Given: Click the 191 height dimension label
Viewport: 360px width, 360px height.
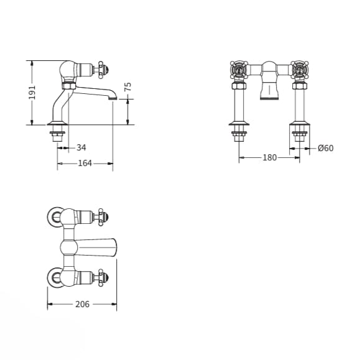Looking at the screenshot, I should (x=32, y=92).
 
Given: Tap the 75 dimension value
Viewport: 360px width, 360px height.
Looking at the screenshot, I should (x=128, y=87).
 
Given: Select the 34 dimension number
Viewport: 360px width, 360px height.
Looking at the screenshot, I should (x=81, y=147).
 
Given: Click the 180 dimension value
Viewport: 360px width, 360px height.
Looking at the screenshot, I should (x=269, y=157).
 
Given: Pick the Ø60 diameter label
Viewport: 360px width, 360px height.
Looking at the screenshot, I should (x=325, y=148).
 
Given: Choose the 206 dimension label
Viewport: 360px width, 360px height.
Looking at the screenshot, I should (x=81, y=304).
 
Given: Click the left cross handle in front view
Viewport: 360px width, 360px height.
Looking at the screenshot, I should (x=239, y=70).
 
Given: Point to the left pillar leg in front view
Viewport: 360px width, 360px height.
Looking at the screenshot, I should (x=239, y=103).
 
